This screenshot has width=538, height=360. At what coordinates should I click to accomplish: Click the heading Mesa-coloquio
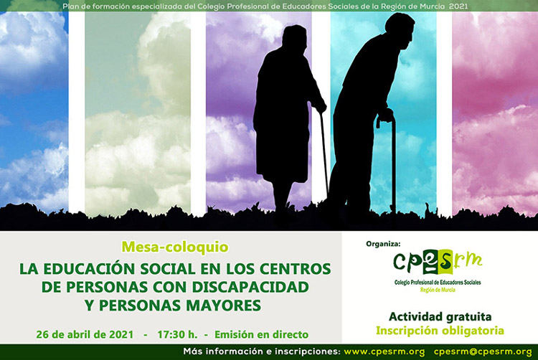pos(175,247)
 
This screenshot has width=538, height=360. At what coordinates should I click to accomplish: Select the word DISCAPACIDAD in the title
pos(250,287)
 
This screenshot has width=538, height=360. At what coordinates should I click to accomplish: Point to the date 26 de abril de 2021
pos(85,334)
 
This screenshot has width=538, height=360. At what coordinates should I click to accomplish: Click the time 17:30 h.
pos(177,334)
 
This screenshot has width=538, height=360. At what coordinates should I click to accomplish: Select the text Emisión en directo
pos(261,334)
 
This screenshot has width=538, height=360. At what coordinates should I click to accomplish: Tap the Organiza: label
pos(383,244)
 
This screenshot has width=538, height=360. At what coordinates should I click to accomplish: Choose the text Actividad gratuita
pos(440,316)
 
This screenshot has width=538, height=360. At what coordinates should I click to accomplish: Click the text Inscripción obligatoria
pos(440,331)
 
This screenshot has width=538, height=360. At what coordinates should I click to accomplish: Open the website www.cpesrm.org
pos(384,352)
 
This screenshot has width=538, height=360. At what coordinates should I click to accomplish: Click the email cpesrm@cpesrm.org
pos(483,352)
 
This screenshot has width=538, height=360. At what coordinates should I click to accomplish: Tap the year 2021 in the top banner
pos(458,6)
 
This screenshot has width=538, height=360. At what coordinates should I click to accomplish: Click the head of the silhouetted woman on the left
pos(294,36)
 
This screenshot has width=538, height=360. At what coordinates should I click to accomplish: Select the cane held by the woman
pos(324,154)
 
